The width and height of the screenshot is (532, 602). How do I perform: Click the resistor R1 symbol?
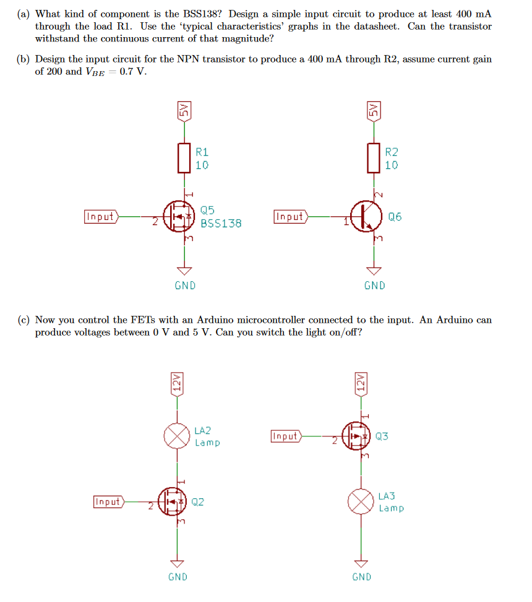[x=184, y=158]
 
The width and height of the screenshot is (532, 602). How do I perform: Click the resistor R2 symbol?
[x=373, y=158]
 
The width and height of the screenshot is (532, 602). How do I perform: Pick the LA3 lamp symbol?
[x=362, y=502]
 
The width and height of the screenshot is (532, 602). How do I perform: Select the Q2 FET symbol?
[x=173, y=501]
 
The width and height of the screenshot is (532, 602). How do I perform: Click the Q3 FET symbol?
[x=357, y=436]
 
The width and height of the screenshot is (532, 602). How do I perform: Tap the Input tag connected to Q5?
[x=101, y=216]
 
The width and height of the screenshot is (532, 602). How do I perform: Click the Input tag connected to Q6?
[x=291, y=216]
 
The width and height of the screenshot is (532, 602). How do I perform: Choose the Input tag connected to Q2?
[x=109, y=501]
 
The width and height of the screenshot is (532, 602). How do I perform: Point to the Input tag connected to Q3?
[x=286, y=436]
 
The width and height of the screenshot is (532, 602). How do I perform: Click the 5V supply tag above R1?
[x=184, y=111]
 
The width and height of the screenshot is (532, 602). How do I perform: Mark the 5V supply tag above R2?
[x=373, y=111]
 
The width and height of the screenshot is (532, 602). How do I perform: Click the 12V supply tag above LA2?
[x=178, y=383]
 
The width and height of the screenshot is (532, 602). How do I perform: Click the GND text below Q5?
[x=185, y=286]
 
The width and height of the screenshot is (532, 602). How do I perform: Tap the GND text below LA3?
[x=362, y=577]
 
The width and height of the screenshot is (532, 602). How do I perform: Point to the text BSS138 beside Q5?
[x=221, y=223]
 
